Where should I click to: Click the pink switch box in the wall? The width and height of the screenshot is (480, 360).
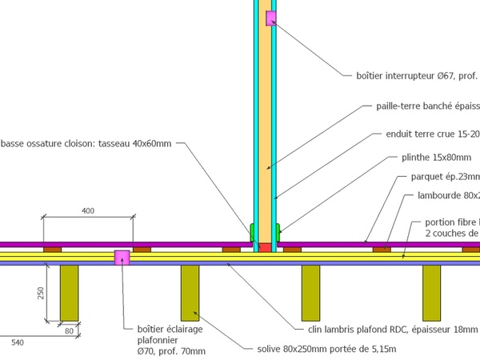pos(271,18)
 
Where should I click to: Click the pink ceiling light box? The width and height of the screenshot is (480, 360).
pos(122,257)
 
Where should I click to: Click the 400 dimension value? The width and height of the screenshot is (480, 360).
pos(88,210)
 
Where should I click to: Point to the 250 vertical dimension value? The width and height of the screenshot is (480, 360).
pos(40,293)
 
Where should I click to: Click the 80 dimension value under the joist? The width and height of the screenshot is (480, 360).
pos(69,330)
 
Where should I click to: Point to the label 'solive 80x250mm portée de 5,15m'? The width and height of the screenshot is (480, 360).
pos(329,349)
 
